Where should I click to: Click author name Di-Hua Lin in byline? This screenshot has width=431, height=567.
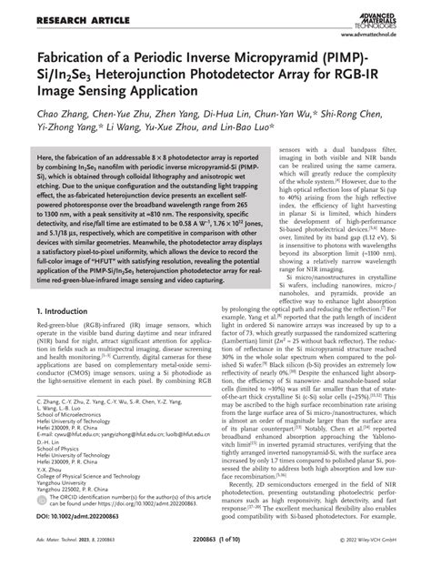[x=225, y=116]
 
